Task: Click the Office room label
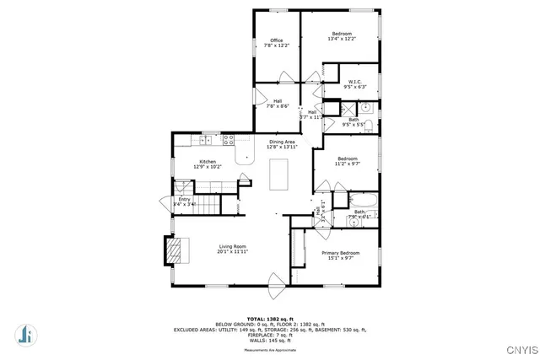click(x=276, y=40)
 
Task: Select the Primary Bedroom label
click(x=340, y=253)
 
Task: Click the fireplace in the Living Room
click(x=172, y=249)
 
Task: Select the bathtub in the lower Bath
click(x=361, y=203)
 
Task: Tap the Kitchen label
click(x=208, y=161)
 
